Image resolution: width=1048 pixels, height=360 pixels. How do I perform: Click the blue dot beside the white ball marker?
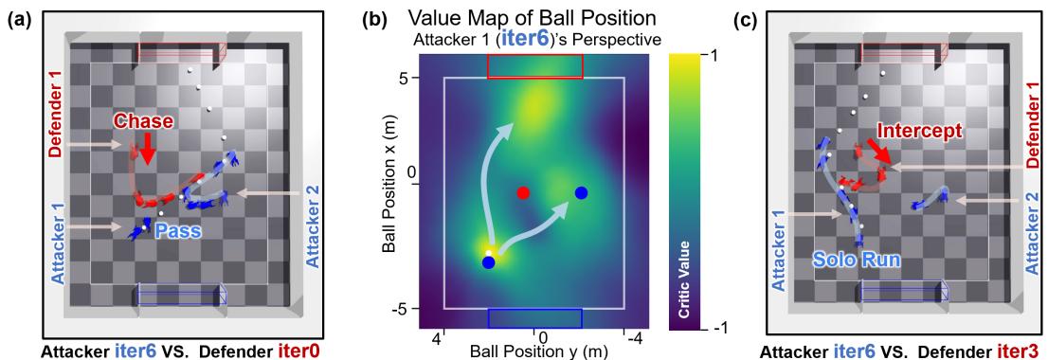tap(488, 262)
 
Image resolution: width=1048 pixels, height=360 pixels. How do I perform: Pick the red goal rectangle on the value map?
tap(535, 66)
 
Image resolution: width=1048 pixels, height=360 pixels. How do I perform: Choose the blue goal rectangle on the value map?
tap(534, 317)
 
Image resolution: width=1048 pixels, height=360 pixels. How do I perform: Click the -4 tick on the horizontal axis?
tap(628, 336)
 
